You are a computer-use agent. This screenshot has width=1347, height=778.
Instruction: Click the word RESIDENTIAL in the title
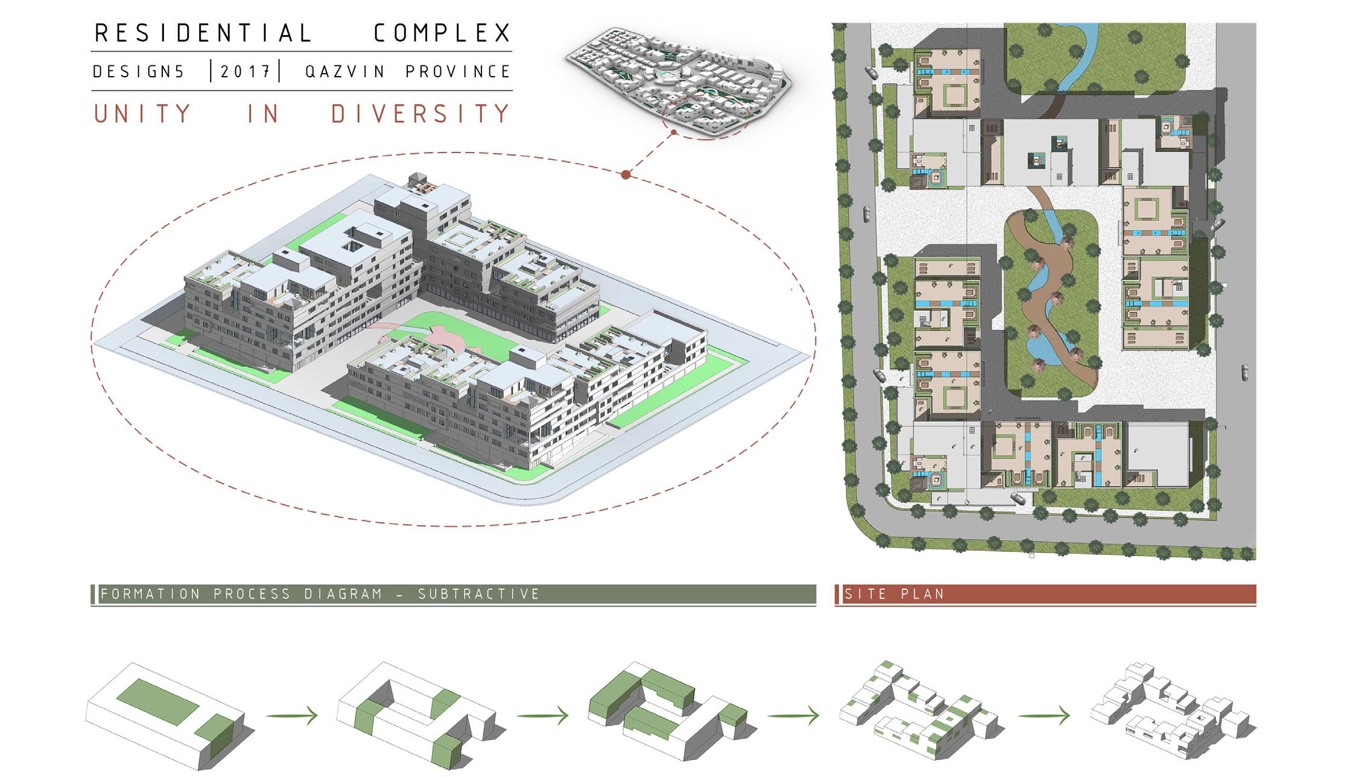click(x=203, y=33)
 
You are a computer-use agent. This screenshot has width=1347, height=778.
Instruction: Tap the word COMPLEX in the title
click(x=442, y=33)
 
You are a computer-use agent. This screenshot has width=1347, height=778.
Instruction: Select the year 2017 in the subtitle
click(x=245, y=72)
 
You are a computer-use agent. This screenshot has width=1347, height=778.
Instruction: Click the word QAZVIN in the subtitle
click(x=345, y=72)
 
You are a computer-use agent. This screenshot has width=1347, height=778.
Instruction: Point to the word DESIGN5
click(x=139, y=72)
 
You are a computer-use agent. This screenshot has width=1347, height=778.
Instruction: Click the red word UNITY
click(x=142, y=114)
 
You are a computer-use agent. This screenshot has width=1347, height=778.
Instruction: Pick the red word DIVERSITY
click(x=420, y=114)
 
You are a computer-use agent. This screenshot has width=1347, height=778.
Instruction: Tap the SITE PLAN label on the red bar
click(x=894, y=594)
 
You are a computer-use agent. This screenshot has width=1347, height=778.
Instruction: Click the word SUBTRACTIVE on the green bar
click(x=479, y=594)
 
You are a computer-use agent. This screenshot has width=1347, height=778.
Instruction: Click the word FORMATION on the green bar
click(x=150, y=594)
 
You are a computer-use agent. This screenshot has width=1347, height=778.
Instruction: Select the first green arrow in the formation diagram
click(x=292, y=716)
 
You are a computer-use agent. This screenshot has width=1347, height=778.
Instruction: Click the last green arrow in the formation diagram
click(x=1044, y=716)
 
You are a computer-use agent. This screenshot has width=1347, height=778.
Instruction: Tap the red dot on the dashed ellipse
click(x=626, y=175)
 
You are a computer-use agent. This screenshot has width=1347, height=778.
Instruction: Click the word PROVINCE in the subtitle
click(x=458, y=72)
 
